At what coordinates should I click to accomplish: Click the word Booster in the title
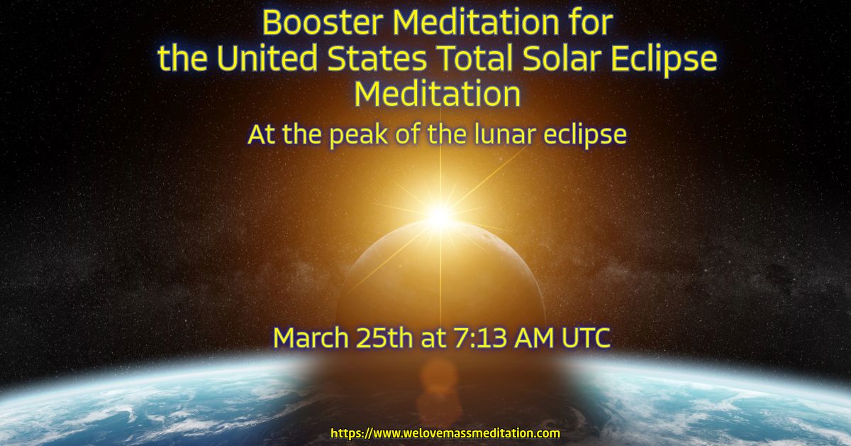[x=323, y=23]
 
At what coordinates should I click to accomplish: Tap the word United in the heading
[x=267, y=58]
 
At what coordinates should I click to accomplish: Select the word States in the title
[x=377, y=58]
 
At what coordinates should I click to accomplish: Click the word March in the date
[x=311, y=338]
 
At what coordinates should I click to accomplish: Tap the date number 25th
[x=384, y=338]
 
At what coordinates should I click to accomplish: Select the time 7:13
[x=480, y=338]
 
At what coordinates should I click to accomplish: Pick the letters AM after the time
[x=534, y=338]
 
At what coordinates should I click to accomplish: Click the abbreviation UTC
[x=586, y=338]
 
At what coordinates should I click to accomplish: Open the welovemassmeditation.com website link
[x=445, y=433]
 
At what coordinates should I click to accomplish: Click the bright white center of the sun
[x=440, y=216]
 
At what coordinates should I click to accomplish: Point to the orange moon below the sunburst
[x=440, y=278]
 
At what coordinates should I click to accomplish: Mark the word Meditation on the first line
[x=476, y=23]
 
